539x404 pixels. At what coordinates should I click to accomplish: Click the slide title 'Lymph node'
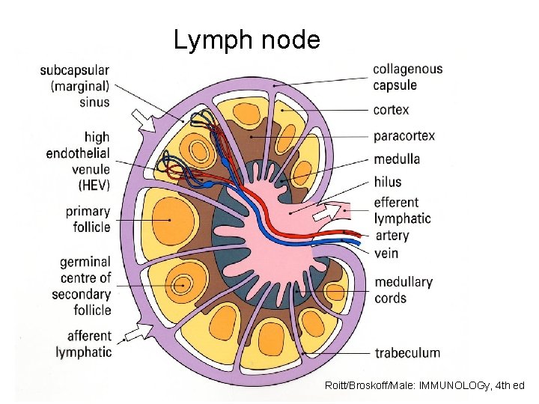(247, 40)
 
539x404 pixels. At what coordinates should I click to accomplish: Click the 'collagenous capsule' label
(407, 77)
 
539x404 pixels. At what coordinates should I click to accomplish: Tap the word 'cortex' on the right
(392, 110)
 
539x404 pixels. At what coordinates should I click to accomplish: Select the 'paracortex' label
(404, 135)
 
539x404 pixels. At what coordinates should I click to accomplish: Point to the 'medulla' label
(397, 159)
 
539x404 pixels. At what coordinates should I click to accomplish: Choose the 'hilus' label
(387, 181)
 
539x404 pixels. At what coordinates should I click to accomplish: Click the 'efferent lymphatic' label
(402, 210)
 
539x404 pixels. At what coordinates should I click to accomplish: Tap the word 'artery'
(392, 236)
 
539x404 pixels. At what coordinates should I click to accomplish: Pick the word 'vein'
(386, 253)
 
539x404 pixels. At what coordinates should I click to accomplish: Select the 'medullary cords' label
(404, 290)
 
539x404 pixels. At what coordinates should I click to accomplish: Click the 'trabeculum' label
(407, 352)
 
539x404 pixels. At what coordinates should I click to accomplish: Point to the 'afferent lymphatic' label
(83, 343)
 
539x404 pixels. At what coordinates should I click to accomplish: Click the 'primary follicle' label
(87, 219)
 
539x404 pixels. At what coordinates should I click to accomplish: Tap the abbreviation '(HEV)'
(94, 186)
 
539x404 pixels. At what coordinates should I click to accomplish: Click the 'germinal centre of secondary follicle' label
(82, 286)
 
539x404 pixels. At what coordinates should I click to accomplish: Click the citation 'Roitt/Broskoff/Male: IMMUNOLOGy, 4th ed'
(424, 385)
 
